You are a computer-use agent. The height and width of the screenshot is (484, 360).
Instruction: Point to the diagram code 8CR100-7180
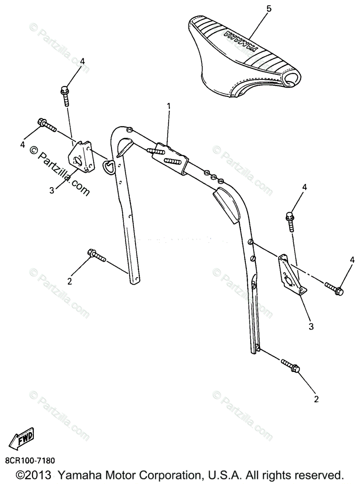click(30, 460)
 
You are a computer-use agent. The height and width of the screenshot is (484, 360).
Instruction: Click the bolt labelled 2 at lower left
click(96, 256)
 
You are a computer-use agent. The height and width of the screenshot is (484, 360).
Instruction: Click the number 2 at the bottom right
click(316, 399)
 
